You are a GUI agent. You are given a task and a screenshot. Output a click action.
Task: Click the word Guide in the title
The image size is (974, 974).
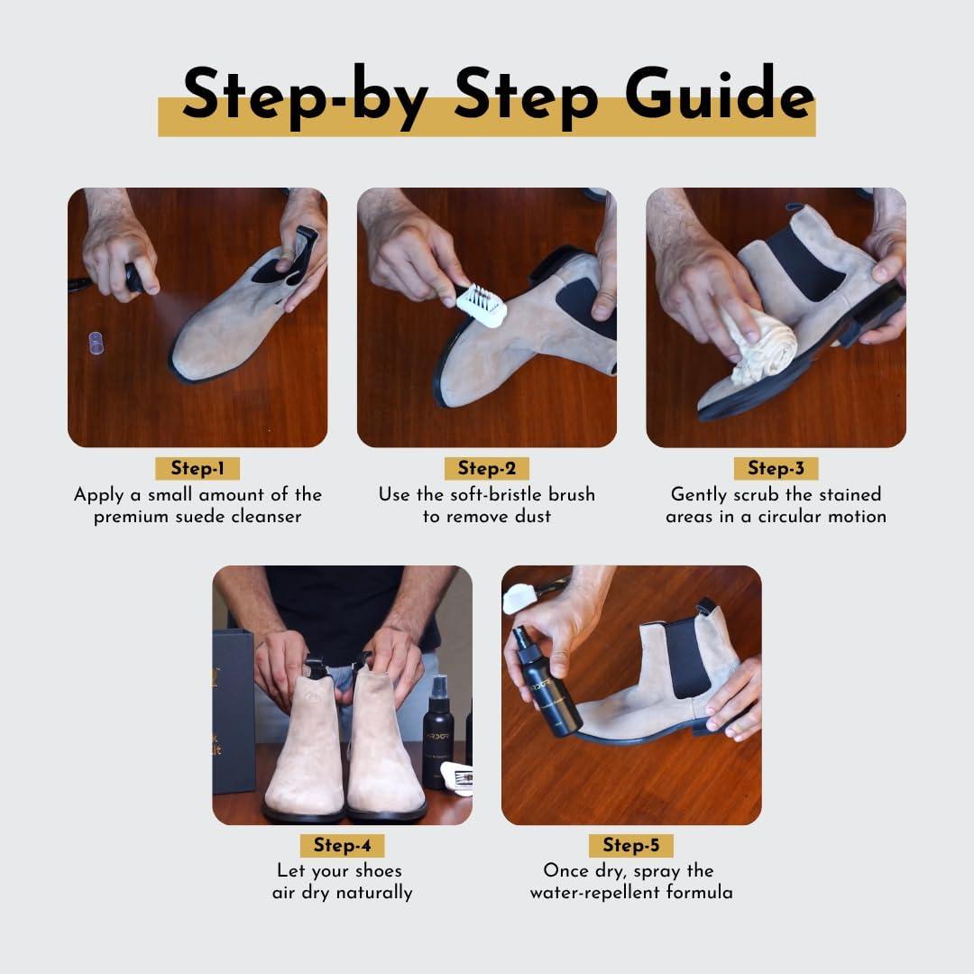(x=720, y=92)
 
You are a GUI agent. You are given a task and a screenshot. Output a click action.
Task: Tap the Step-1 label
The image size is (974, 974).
(x=198, y=468)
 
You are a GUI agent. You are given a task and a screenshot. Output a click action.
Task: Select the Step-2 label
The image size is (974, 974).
(x=487, y=468)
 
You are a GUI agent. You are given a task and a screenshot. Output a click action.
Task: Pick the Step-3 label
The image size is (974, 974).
(x=776, y=468)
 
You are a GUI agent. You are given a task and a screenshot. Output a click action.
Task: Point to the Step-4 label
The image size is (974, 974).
(x=343, y=845)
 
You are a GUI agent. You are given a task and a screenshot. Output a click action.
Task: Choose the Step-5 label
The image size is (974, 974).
(x=631, y=845)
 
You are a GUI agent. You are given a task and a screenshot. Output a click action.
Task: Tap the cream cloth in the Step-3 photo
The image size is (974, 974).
(x=762, y=344)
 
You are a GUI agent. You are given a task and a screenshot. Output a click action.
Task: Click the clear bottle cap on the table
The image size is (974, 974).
(x=96, y=343)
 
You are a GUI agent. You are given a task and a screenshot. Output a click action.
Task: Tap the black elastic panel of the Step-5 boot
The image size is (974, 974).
(x=686, y=659)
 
